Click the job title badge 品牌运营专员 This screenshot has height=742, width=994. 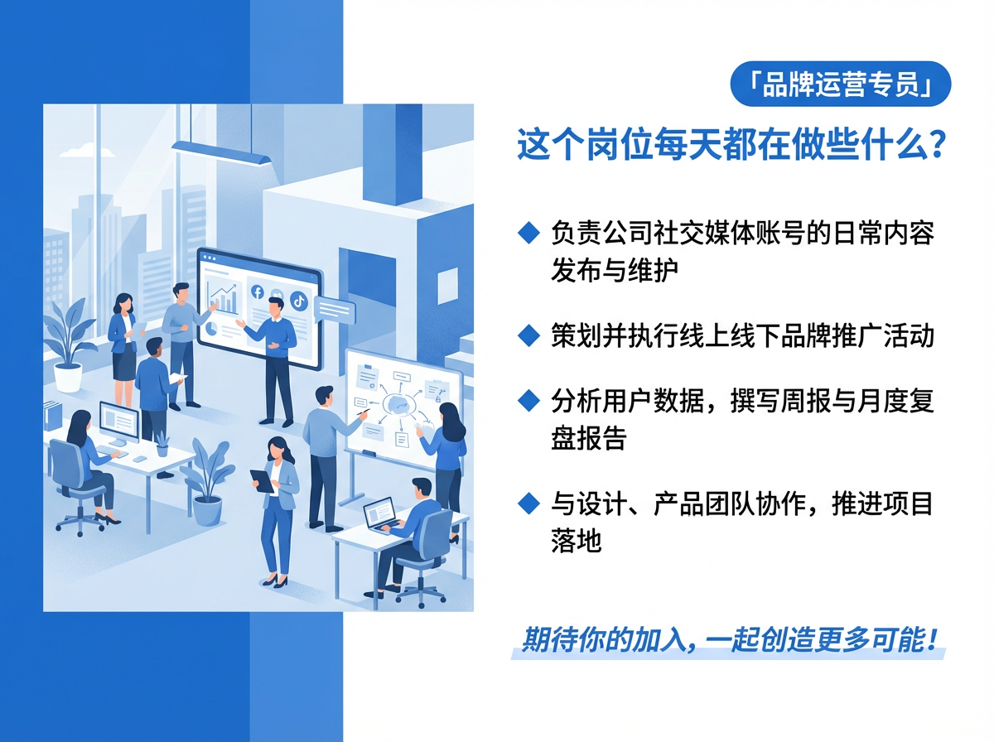pos(840,84)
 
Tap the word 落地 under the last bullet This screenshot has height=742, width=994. pos(576,540)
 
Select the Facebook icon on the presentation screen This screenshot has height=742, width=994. pos(257,292)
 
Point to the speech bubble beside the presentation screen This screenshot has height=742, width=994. pos(335,311)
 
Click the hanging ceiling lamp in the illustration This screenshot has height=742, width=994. pos(221,152)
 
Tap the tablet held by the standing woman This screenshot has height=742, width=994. pos(262,481)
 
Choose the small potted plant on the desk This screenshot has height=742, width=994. pos(162,443)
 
